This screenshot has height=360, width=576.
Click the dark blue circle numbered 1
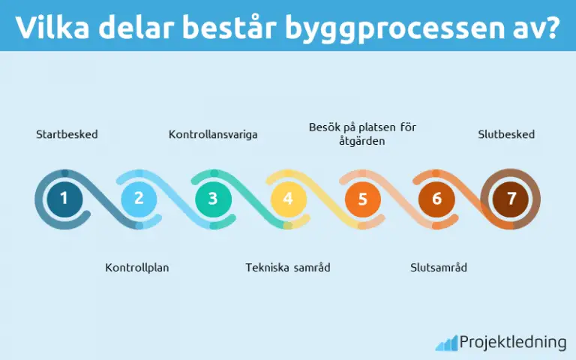(x=64, y=199)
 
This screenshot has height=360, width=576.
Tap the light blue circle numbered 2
(x=139, y=199)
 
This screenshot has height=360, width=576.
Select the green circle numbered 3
(x=213, y=199)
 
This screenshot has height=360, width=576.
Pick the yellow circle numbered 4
(x=288, y=199)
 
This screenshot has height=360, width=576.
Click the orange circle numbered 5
(x=363, y=199)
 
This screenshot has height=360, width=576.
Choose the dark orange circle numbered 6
(x=437, y=199)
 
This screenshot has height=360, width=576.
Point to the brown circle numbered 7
(x=511, y=199)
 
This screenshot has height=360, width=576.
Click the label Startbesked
(x=67, y=135)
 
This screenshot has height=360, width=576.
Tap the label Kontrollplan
(x=137, y=267)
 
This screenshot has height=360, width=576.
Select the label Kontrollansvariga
(x=213, y=135)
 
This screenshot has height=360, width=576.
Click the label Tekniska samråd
(x=288, y=267)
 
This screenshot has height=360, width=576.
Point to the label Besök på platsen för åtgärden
(x=362, y=133)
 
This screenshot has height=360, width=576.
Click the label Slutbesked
(x=506, y=135)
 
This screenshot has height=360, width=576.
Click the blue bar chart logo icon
(x=446, y=343)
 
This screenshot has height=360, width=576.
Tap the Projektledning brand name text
(x=513, y=343)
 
